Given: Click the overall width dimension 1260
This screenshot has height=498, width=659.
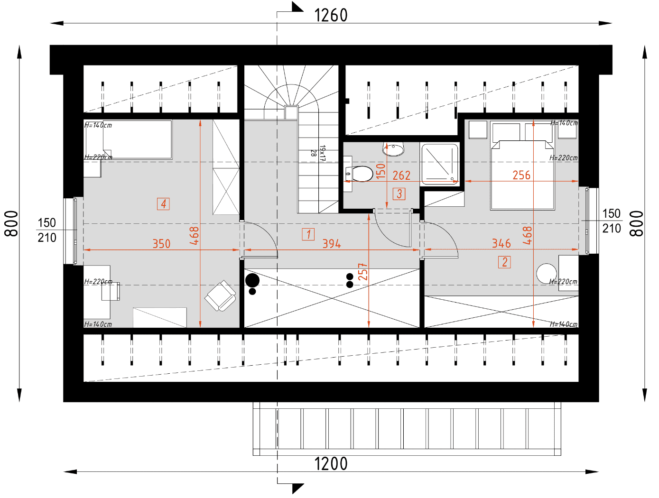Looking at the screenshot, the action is [331, 15].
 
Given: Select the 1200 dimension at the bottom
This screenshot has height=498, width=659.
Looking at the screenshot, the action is [331, 463].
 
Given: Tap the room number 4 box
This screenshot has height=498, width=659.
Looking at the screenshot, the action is [163, 204].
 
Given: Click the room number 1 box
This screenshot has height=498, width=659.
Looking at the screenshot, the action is [308, 234].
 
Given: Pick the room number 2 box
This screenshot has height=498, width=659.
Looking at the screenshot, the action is [504, 262].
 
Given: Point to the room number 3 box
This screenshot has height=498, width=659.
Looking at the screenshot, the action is [399, 194].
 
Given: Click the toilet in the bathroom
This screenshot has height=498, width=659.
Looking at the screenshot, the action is [359, 174].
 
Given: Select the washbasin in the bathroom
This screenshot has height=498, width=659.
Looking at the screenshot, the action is [393, 149].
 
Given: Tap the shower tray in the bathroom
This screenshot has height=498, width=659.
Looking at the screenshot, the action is [440, 164].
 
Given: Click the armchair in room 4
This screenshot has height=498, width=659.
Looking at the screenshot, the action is [220, 296].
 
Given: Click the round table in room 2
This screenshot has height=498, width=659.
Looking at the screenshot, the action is [547, 273].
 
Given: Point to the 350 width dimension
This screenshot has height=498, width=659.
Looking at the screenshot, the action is [161, 244].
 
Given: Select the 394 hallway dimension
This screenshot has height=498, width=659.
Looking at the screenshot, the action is [332, 244].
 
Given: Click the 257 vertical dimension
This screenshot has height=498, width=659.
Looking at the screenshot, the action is [363, 272].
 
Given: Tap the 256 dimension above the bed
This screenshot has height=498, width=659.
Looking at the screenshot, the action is [521, 175].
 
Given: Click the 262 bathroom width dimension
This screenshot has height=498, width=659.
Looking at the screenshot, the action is [401, 175].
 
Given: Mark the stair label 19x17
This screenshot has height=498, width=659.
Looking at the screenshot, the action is [323, 153].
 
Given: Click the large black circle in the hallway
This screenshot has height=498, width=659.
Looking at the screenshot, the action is [252, 280].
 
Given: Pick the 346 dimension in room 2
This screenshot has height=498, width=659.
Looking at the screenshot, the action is [501, 243].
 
